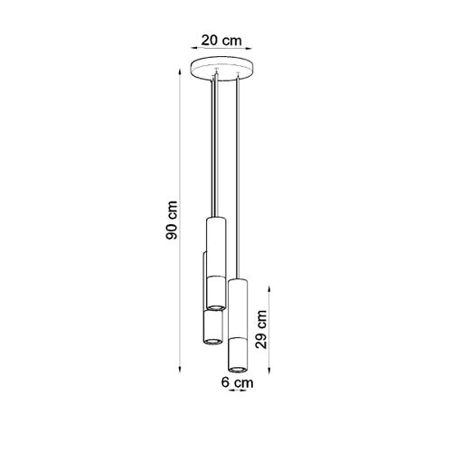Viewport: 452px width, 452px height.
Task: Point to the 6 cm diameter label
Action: [x=237, y=382]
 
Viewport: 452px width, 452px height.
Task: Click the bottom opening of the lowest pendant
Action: [x=238, y=367]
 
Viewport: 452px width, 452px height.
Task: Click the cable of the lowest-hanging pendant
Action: [x=237, y=181]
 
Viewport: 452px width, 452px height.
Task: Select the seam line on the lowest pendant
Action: [x=238, y=337]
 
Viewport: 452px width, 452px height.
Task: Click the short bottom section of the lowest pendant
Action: [x=238, y=353]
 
